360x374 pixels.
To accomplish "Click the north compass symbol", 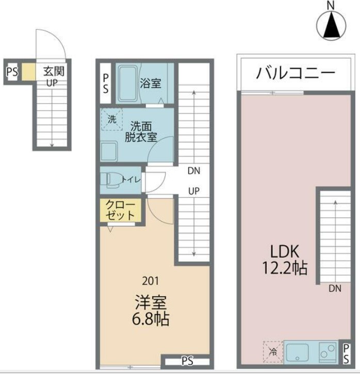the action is coord(331,24).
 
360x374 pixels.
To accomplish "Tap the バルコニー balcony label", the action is coord(295,73).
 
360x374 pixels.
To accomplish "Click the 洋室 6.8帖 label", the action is coord(151,311).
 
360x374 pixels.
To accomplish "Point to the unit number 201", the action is coord(151,281).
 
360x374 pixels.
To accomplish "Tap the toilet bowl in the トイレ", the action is coord(110,179).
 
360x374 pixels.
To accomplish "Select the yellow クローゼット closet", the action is coord(121,210).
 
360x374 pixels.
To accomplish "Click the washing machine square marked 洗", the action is coord(112,120).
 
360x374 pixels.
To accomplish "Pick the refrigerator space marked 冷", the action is coord(273,351).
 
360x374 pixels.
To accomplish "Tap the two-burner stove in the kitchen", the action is coord(328,351).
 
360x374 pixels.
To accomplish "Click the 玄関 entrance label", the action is coord(54,71).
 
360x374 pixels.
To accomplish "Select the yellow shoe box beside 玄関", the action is coord(29,72).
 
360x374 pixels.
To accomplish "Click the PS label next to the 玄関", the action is coord(12,72).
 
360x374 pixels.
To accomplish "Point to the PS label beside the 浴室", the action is coord(106,83).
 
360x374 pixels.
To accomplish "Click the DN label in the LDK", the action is coord(335,288).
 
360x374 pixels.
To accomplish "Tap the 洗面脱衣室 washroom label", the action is coord(141,132).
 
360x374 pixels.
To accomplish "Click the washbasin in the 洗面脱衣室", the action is coord(109,151).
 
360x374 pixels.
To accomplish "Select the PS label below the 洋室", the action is coord(187,361).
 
